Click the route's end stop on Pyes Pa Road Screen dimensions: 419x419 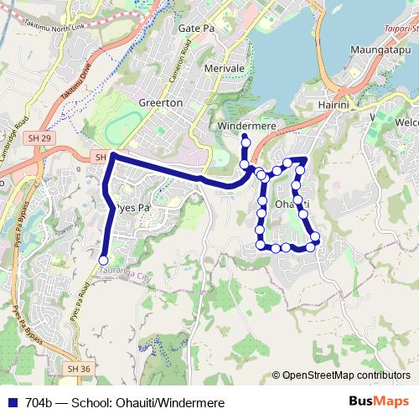(103, 261)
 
